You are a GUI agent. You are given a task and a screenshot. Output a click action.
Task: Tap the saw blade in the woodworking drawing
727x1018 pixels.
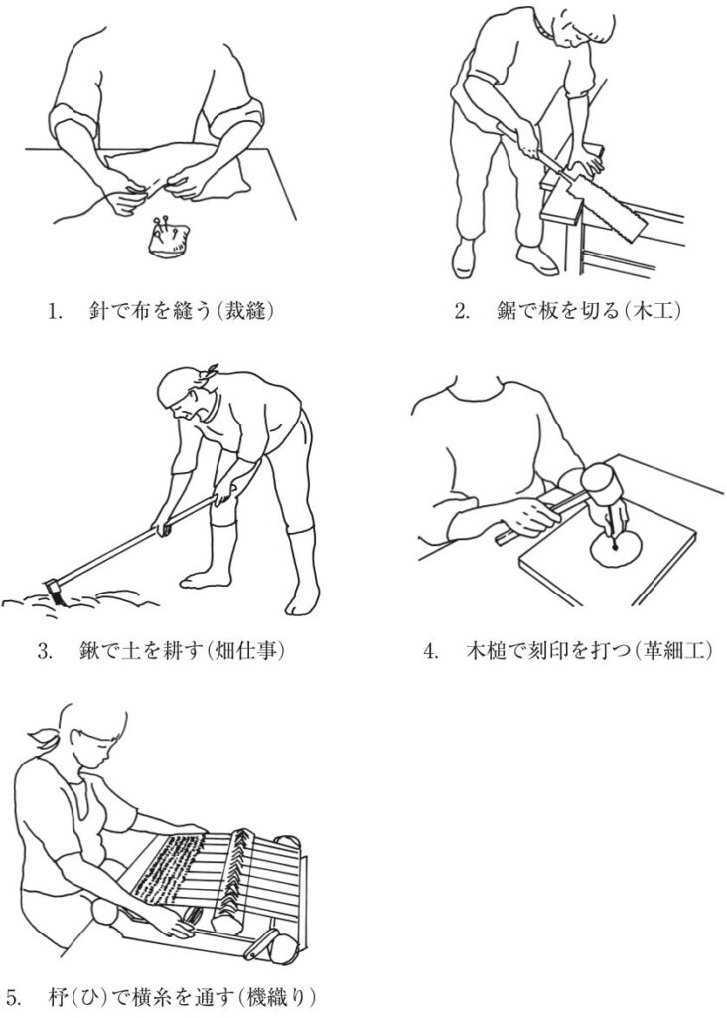point(609,205)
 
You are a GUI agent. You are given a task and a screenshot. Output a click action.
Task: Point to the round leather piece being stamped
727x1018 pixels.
point(617,547)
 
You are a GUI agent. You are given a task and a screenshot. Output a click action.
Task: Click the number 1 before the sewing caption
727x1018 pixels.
point(54,311)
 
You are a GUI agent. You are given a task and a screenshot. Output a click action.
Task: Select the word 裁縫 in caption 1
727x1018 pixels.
point(243,311)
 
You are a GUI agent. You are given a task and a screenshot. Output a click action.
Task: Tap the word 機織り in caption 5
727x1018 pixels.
point(276,997)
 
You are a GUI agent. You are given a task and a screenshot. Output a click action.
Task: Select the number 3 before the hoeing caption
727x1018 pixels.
point(44,651)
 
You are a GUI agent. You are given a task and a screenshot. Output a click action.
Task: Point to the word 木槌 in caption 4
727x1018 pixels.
point(486,650)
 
